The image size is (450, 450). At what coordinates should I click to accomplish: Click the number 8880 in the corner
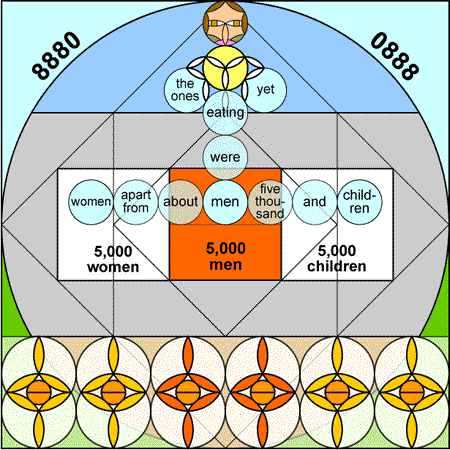point(56,55)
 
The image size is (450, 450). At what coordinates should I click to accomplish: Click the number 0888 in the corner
point(395,56)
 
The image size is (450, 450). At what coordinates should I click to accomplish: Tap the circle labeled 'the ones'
point(186,90)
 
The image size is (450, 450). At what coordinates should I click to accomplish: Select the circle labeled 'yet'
point(265,90)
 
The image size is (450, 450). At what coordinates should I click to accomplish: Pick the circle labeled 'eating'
point(225,113)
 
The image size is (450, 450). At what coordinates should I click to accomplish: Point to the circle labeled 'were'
point(225,157)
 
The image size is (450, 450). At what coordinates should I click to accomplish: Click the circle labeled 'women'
point(91,202)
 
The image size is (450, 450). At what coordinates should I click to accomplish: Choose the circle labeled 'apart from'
point(136,202)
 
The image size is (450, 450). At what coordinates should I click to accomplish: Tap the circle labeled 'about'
point(180,202)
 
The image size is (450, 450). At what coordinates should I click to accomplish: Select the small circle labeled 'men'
point(225,202)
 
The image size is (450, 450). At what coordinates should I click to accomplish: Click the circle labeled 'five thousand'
point(270,202)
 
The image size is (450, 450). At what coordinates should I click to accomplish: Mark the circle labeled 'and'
point(315,202)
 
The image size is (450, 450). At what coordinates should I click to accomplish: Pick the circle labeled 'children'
point(360,202)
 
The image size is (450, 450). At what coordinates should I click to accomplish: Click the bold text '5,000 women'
point(113,259)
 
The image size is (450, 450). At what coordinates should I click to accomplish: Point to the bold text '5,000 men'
point(226,256)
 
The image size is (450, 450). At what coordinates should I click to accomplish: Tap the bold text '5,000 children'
point(337,258)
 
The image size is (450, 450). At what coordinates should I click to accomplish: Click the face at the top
point(225,23)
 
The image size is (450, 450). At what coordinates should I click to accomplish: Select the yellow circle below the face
point(225,68)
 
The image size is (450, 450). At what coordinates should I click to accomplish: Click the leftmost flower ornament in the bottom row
point(39,392)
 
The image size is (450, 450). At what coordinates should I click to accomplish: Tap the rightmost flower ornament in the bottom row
point(412,392)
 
